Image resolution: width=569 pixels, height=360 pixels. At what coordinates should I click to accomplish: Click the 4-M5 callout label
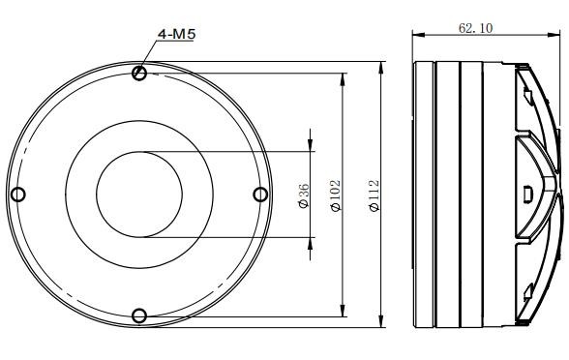point(177,34)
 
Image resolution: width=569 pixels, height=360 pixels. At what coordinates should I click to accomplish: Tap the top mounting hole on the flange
point(139,73)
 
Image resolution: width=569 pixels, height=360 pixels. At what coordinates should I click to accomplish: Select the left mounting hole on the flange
point(18,195)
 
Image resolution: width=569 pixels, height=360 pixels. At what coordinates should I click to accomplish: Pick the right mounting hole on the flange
point(260,195)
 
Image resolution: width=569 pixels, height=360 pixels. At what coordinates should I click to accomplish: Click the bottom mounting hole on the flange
point(139,315)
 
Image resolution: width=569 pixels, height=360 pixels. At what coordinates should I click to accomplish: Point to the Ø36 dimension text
point(304,195)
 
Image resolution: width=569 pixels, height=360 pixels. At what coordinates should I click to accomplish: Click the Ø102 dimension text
point(336,195)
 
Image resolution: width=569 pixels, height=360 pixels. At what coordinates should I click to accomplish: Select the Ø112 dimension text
point(374,195)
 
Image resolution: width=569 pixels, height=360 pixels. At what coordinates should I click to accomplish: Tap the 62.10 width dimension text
point(476,28)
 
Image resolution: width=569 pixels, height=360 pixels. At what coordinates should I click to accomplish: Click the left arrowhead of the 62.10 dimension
point(418,35)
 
